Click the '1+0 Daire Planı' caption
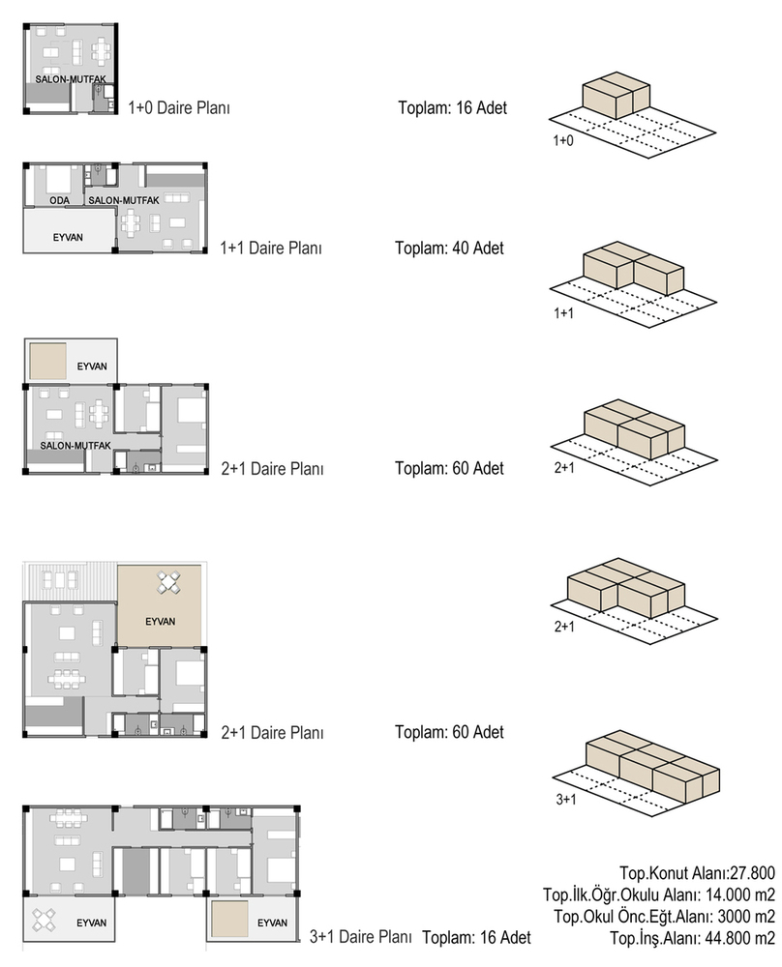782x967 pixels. pyautogui.click(x=179, y=108)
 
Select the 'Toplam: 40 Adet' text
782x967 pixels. pyautogui.click(x=449, y=248)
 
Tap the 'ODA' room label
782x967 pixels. pyautogui.click(x=60, y=200)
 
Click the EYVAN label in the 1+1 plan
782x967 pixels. pyautogui.click(x=68, y=238)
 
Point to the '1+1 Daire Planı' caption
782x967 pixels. pyautogui.click(x=271, y=248)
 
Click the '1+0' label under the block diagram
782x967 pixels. pyautogui.click(x=563, y=140)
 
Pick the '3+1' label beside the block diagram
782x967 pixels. pyautogui.click(x=566, y=800)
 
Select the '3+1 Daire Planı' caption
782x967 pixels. pyautogui.click(x=360, y=937)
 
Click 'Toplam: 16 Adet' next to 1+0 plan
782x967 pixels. pyautogui.click(x=452, y=108)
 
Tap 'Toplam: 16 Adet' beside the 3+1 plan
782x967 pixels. pyautogui.click(x=476, y=937)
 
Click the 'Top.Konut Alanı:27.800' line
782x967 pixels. pyautogui.click(x=698, y=873)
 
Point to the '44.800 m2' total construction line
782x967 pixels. pyautogui.click(x=693, y=938)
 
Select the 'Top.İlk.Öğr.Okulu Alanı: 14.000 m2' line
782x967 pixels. pyautogui.click(x=659, y=894)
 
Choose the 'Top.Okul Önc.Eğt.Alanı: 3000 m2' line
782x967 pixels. pyautogui.click(x=665, y=917)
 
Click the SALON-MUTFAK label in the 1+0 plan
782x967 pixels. pyautogui.click(x=71, y=79)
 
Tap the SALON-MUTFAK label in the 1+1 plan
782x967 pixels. pyautogui.click(x=124, y=200)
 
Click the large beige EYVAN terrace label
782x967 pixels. pyautogui.click(x=161, y=622)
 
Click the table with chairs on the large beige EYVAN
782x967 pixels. pyautogui.click(x=168, y=583)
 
